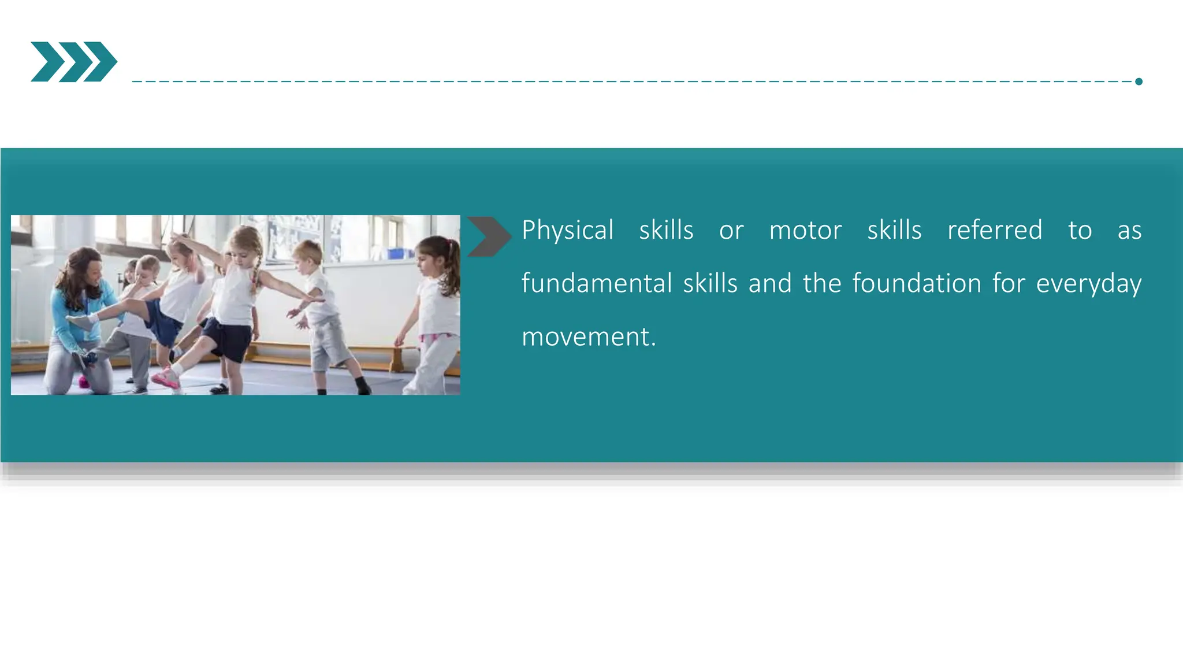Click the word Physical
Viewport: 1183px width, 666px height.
567,231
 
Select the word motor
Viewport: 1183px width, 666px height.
805,231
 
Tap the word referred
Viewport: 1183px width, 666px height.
995,231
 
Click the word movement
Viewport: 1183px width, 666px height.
588,337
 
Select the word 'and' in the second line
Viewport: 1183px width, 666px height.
770,284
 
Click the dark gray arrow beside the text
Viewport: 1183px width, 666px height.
489,236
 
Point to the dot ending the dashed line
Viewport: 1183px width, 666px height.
1139,82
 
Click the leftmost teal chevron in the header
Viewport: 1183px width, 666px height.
46,62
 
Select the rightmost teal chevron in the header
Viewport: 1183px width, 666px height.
102,62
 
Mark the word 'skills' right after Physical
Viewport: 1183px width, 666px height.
666,231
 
